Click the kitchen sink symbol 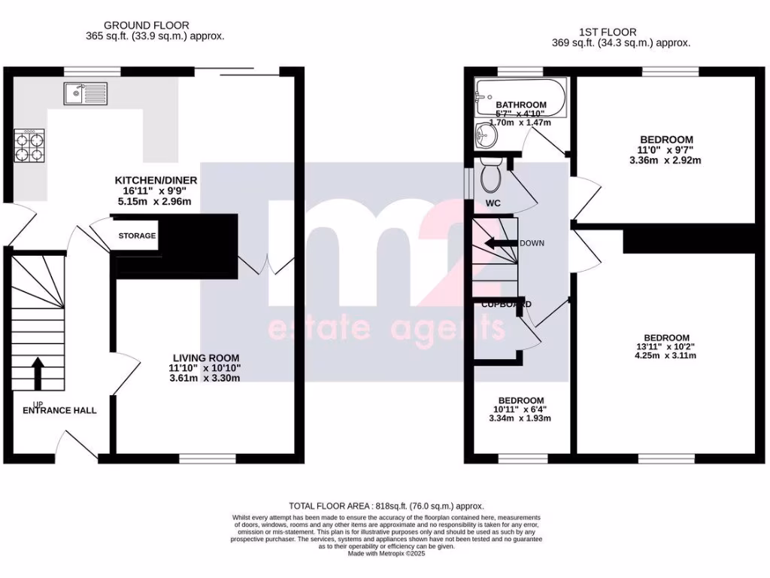click(x=86, y=93)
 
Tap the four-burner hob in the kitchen click(x=29, y=144)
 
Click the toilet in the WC click(x=493, y=177)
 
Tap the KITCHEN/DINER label click(x=156, y=181)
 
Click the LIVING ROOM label click(x=205, y=357)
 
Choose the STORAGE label click(x=137, y=236)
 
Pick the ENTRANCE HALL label click(x=59, y=411)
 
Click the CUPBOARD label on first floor click(x=506, y=304)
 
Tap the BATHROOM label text click(x=520, y=105)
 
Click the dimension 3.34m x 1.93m click(x=520, y=418)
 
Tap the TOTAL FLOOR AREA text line click(x=387, y=507)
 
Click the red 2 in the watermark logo click(x=438, y=256)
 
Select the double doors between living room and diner click(x=265, y=266)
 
